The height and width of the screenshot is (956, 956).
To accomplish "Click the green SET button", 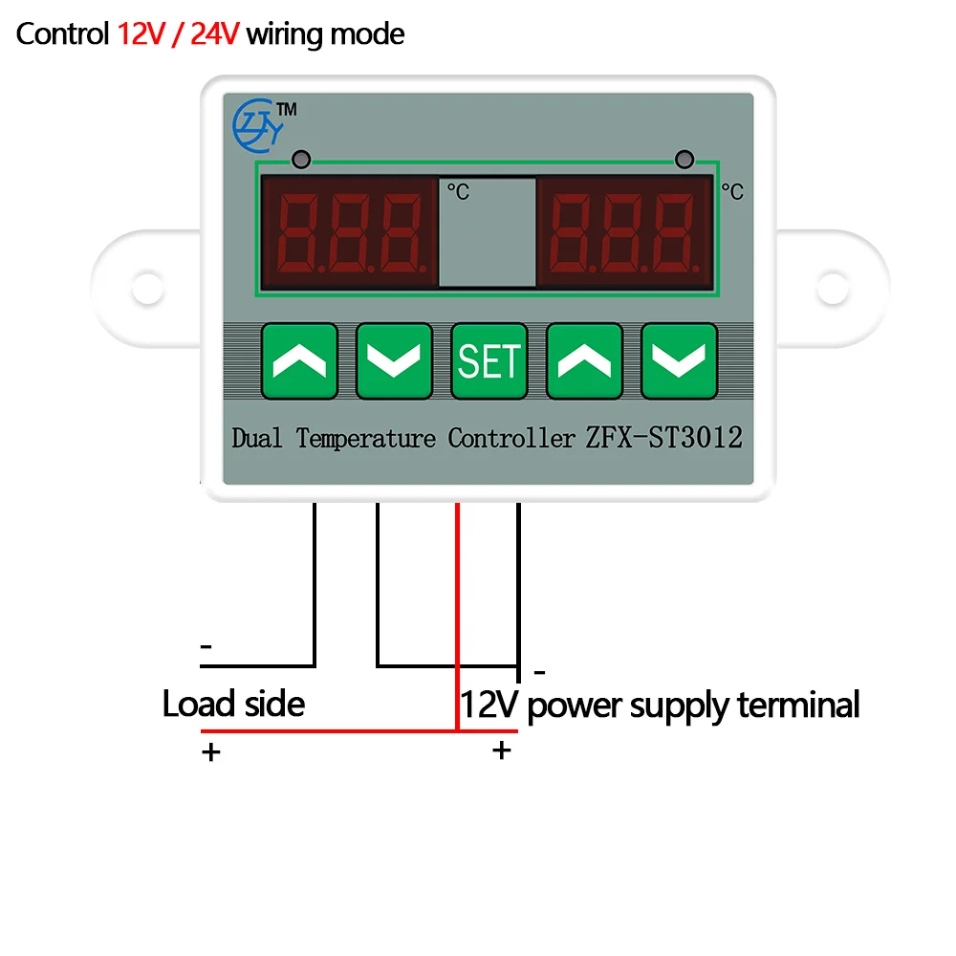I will [489, 360].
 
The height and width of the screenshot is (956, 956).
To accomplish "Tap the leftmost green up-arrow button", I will [299, 360].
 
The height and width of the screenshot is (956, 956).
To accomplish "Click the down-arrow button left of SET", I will [394, 360].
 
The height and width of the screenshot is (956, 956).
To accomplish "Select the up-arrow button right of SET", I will [583, 360].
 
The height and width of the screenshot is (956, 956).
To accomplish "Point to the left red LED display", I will [349, 232].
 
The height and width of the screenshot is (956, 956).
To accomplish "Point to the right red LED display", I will [625, 232].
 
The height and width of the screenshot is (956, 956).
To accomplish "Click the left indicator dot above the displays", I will [300, 158].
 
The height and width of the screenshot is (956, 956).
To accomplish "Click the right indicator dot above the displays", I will [684, 158].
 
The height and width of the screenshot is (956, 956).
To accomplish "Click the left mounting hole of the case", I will [146, 285].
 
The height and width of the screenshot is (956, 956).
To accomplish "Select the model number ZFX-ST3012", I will [663, 438].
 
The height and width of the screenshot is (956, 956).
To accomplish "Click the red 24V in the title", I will [216, 34].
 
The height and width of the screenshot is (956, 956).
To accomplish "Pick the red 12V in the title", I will [141, 34].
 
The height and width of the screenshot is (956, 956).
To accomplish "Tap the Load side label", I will [233, 705].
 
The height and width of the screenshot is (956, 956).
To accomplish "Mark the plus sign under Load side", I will [210, 751].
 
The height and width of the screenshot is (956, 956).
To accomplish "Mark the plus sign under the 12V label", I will [501, 750].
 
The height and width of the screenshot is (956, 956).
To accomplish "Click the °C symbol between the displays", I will [458, 191].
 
